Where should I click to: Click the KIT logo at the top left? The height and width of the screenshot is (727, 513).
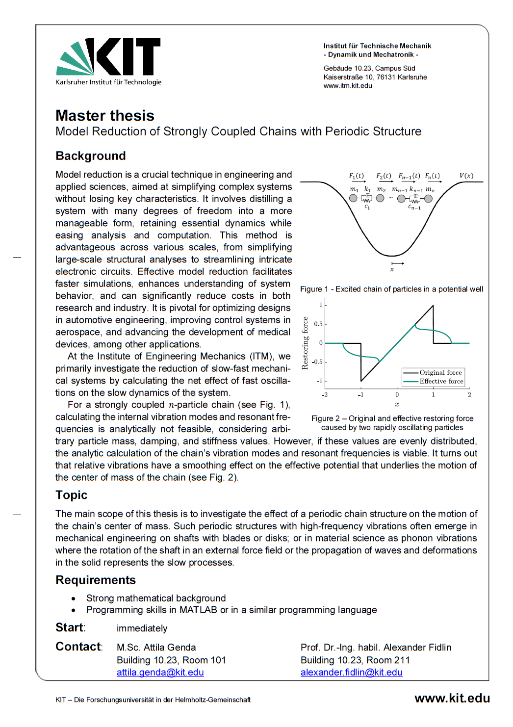(108, 61)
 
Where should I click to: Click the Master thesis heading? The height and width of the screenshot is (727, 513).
(105, 116)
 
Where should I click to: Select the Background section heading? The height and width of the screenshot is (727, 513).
(91, 156)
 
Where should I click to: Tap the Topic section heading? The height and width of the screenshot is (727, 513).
(72, 495)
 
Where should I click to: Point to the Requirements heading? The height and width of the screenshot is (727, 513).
(96, 580)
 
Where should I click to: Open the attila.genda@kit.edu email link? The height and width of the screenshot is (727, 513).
(160, 673)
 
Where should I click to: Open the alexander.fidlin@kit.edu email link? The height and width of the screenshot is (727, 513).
(351, 673)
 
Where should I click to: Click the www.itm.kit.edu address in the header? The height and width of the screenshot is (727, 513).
(348, 86)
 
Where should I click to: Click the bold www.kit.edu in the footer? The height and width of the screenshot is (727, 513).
(452, 699)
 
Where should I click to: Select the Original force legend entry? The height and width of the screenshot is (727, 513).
(440, 373)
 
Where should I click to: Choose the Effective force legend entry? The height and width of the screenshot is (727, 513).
(441, 382)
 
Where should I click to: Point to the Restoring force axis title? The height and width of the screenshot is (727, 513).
(305, 343)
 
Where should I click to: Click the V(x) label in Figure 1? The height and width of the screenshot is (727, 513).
(466, 176)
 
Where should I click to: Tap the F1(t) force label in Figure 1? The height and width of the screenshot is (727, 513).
(357, 176)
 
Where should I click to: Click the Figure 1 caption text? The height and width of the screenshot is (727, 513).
(391, 289)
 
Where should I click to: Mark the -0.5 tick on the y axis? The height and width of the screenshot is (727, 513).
(317, 362)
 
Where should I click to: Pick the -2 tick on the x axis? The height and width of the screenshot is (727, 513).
(325, 395)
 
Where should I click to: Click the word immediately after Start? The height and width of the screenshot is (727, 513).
(142, 628)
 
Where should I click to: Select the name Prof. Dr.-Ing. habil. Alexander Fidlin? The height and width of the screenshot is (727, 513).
(376, 648)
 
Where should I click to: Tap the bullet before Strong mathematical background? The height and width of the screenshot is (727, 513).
(74, 598)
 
